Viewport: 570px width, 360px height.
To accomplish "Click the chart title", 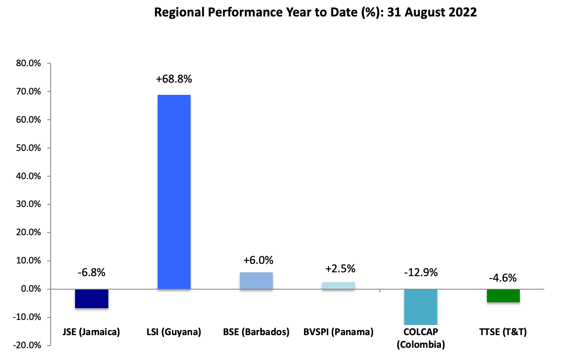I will pyautogui.click(x=315, y=12).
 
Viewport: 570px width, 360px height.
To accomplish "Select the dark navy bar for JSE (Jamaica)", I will pyautogui.click(x=91, y=298).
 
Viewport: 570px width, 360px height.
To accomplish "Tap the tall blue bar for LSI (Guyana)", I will pyautogui.click(x=174, y=192).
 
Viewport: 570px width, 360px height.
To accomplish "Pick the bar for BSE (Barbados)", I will pyautogui.click(x=256, y=281).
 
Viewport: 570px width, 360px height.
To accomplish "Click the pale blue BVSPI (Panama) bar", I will pyautogui.click(x=339, y=285).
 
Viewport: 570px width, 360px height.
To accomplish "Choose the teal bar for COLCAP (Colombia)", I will pyautogui.click(x=421, y=306).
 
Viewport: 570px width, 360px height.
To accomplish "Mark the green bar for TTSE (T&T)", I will pyautogui.click(x=503, y=296).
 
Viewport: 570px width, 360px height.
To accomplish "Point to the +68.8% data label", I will pyautogui.click(x=174, y=79).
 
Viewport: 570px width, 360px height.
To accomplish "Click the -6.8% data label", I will pyautogui.click(x=91, y=272).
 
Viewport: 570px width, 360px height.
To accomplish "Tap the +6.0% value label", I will pyautogui.click(x=256, y=260).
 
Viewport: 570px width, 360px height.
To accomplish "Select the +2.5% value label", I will pyautogui.click(x=340, y=269).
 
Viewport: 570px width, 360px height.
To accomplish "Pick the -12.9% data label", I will pyautogui.click(x=421, y=272).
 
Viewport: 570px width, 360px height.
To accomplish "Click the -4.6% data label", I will pyautogui.click(x=503, y=278).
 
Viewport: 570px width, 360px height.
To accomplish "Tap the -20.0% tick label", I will pyautogui.click(x=28, y=346).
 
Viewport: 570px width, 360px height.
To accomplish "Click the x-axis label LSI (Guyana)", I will pyautogui.click(x=174, y=332).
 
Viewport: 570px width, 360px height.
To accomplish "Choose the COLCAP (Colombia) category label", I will pyautogui.click(x=421, y=338).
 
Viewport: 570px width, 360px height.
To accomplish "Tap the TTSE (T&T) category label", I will pyautogui.click(x=503, y=332).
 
